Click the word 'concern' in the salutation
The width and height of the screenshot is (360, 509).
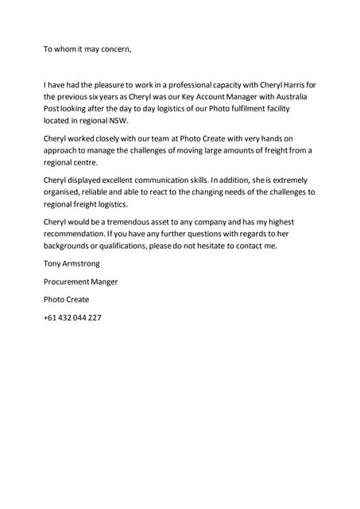click(x=111, y=49)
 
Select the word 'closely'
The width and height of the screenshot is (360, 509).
click(x=116, y=138)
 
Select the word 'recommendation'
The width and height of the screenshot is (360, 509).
click(x=82, y=234)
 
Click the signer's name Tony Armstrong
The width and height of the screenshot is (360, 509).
click(x=72, y=262)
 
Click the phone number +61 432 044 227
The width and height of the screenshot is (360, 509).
click(x=72, y=317)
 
